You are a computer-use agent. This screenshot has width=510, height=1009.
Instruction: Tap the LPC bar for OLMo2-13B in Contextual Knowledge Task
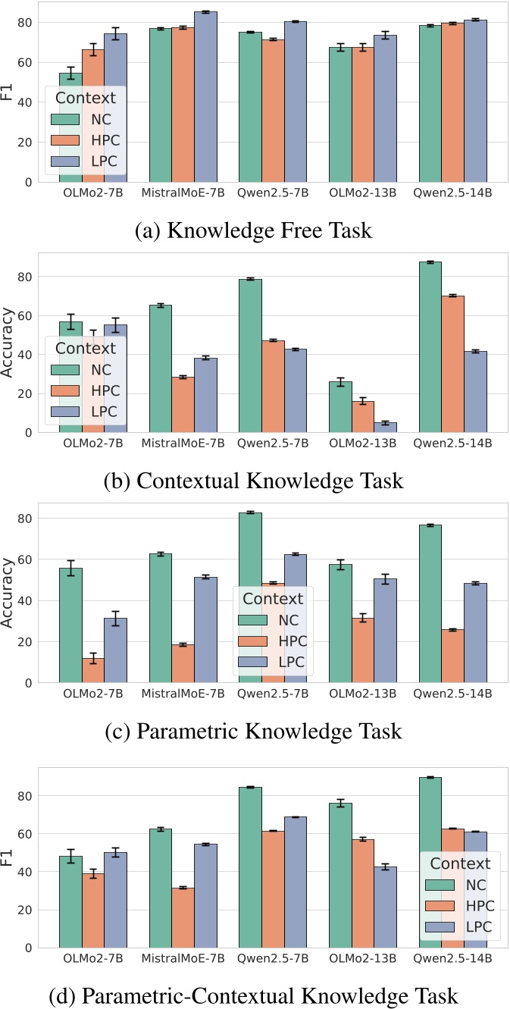coord(385,428)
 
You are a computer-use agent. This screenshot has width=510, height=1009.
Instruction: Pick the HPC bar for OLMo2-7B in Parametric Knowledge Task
coord(93,670)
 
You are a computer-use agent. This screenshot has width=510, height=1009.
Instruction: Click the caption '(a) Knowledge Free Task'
coord(254,230)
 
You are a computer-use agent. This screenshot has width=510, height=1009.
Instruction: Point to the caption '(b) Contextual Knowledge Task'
coord(254,481)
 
